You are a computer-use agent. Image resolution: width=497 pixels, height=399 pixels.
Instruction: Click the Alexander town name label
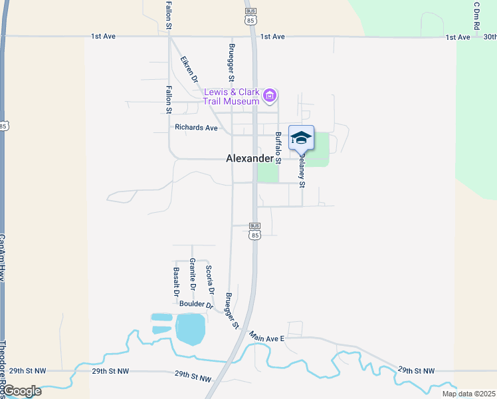[x=249, y=158]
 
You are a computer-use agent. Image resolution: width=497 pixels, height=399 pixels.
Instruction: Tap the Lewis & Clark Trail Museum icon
[x=269, y=96]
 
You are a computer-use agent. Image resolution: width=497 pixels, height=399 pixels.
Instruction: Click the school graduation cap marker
[x=301, y=138]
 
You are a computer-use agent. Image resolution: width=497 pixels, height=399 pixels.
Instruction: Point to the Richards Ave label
[x=196, y=128]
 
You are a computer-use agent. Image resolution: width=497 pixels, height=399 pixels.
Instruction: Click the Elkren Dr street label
[x=190, y=69]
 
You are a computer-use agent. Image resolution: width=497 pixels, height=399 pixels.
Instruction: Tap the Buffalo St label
[x=278, y=148]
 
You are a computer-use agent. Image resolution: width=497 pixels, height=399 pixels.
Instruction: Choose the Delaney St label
[x=301, y=171]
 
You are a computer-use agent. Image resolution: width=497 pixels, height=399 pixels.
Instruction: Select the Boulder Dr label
[x=196, y=305]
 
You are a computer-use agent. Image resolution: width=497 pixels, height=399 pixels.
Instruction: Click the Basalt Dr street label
[x=177, y=281]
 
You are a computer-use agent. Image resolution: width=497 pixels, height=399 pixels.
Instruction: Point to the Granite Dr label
[x=193, y=274]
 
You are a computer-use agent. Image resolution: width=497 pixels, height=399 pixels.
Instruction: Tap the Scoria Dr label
[x=210, y=279]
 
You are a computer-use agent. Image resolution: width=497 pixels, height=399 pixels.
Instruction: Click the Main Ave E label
[x=266, y=338]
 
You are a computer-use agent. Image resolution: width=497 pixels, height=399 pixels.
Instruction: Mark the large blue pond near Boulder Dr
[x=190, y=329]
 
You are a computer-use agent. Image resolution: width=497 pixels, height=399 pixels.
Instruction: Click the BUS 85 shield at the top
[x=250, y=16]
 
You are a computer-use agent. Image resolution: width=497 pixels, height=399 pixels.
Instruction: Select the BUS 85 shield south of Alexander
[x=255, y=231]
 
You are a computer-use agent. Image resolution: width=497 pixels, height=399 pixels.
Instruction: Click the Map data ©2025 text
[x=468, y=394]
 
